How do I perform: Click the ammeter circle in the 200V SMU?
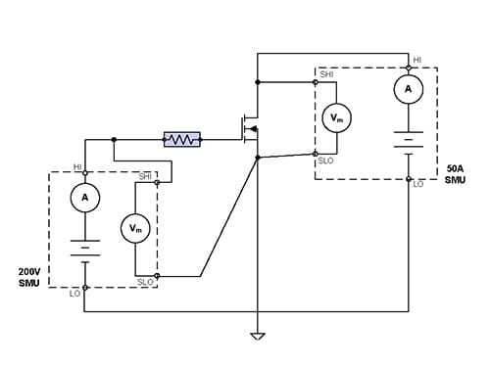(85, 197)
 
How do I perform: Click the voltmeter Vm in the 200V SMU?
(135, 228)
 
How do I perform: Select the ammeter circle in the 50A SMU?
(408, 89)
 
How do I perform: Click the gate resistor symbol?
(181, 140)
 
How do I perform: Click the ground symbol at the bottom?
(258, 337)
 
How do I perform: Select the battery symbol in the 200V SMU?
(85, 247)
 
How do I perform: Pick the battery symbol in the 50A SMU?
(408, 140)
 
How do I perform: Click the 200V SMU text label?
(29, 276)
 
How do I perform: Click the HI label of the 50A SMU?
(417, 60)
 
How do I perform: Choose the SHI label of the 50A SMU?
(326, 74)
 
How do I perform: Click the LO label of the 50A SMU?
(418, 184)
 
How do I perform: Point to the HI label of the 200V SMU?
(77, 166)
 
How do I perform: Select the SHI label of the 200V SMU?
(145, 177)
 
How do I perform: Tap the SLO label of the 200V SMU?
(145, 283)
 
